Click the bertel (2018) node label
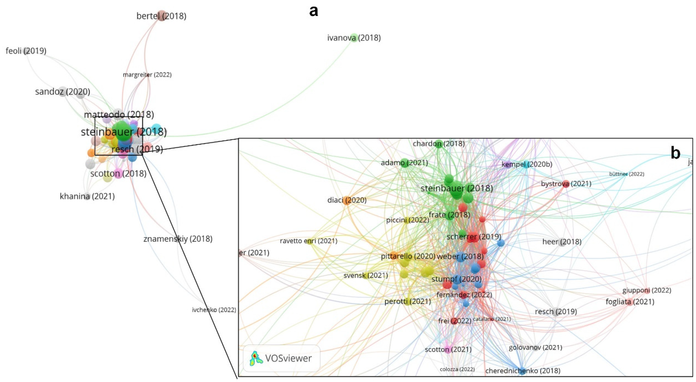click(161, 16)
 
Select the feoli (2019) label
click(26, 51)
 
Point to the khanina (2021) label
click(87, 196)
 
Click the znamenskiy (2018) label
click(178, 239)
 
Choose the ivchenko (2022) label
click(214, 310)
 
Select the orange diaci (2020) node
click(347, 200)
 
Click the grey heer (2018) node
click(562, 242)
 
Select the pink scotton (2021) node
click(448, 350)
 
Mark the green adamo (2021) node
click(404, 163)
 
